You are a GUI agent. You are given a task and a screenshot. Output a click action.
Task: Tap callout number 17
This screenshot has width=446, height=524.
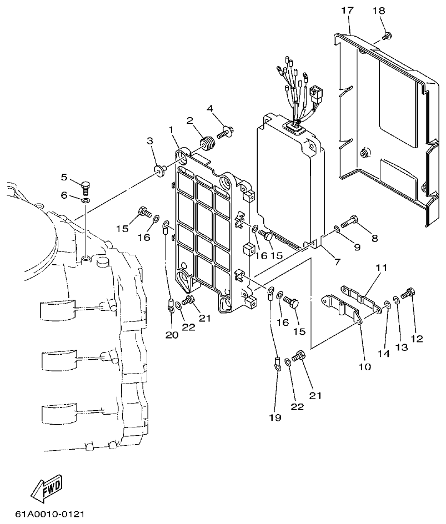click(x=348, y=10)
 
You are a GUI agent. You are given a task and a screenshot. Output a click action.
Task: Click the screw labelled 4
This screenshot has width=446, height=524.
click(x=227, y=132)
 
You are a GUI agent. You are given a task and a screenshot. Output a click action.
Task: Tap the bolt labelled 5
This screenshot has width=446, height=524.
click(x=85, y=185)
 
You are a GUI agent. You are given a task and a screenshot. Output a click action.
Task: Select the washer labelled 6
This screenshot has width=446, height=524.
click(x=86, y=199)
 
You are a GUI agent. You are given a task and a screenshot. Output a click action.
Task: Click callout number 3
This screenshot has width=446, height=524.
click(x=150, y=142)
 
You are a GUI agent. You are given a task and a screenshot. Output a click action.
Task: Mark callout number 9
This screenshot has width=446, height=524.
click(x=357, y=246)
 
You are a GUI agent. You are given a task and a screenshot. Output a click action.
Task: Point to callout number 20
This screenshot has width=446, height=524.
click(x=171, y=334)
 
